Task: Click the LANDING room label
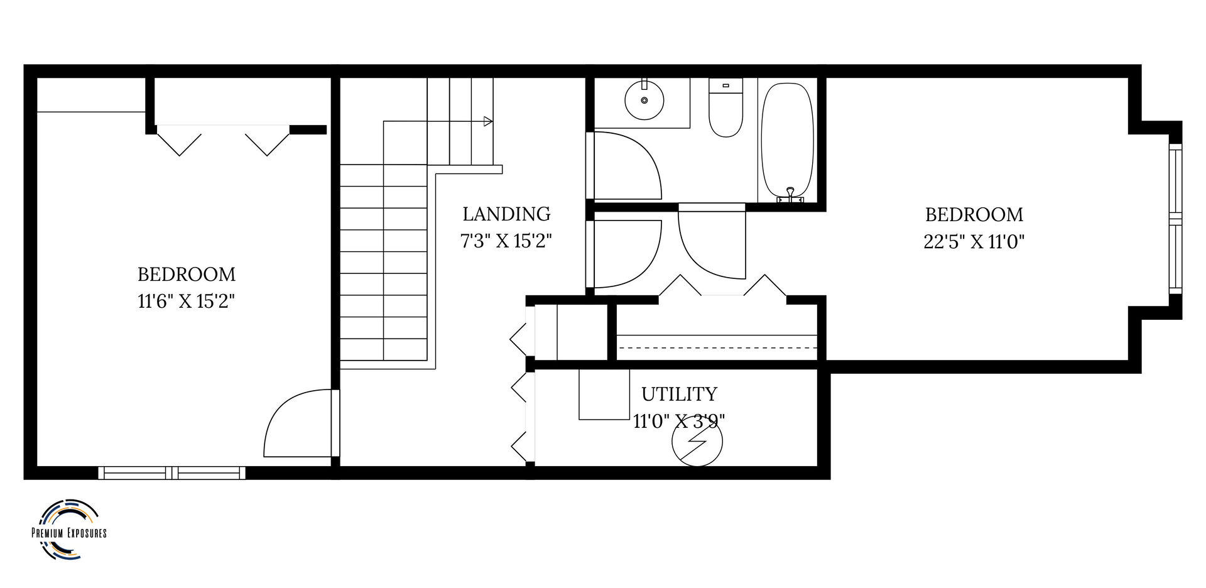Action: click(506, 214)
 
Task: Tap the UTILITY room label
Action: click(679, 395)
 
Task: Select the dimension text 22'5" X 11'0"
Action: click(974, 242)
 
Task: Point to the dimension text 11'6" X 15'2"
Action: click(186, 302)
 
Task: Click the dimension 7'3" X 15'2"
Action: click(506, 241)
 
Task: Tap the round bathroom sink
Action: click(644, 99)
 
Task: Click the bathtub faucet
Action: click(791, 195)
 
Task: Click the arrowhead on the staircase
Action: click(488, 121)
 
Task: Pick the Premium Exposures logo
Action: click(68, 530)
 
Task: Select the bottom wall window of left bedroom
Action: click(171, 472)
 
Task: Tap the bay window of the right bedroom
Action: click(1175, 219)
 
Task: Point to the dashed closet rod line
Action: click(717, 347)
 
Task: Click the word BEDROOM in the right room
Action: click(974, 215)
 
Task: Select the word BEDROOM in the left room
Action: click(186, 275)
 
